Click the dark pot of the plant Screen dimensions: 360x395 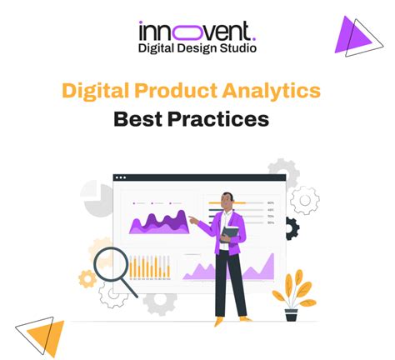pyautogui.click(x=291, y=315)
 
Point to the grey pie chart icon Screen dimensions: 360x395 pyautogui.click(x=96, y=198)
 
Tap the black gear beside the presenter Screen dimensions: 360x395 pyautogui.click(x=291, y=227)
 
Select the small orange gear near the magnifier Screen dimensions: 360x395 pyautogui.click(x=87, y=279)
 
